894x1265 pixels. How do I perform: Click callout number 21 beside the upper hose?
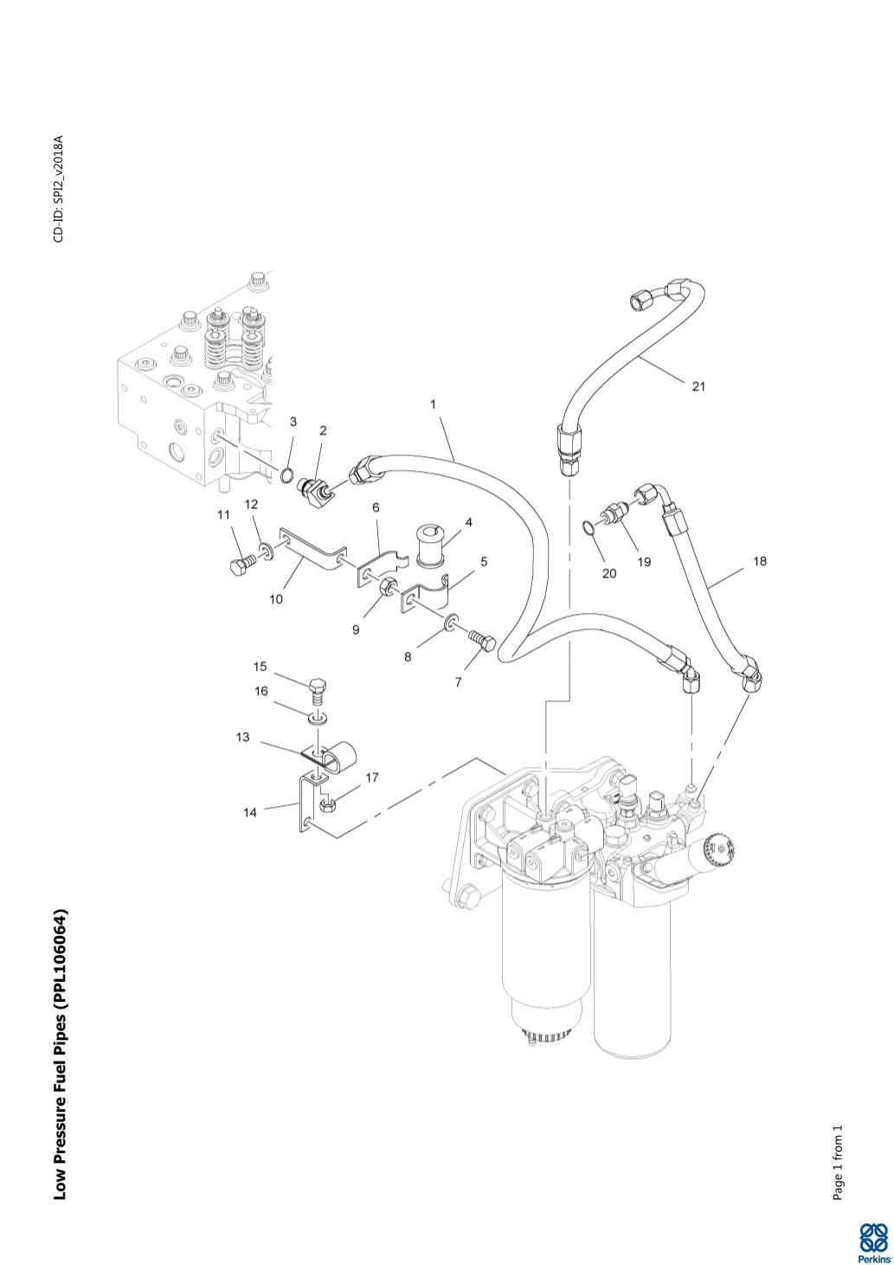pyautogui.click(x=698, y=386)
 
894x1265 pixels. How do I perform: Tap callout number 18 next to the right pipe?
pyautogui.click(x=759, y=561)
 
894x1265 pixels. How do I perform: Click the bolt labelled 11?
pyautogui.click(x=239, y=568)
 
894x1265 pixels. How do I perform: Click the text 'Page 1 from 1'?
pyautogui.click(x=837, y=1163)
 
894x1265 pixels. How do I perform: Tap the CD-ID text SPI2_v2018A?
pyautogui.click(x=59, y=189)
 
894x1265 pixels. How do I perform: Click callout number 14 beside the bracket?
pyautogui.click(x=249, y=812)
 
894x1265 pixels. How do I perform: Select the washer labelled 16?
pyautogui.click(x=318, y=719)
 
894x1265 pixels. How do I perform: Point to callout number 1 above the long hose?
pyautogui.click(x=433, y=403)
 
